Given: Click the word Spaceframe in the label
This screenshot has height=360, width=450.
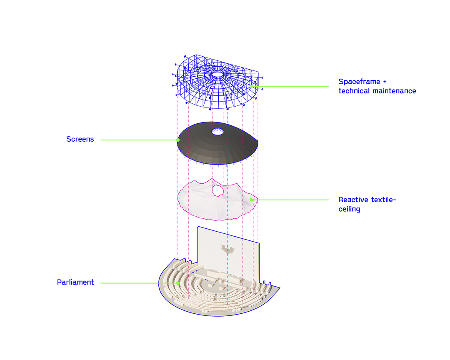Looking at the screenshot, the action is tap(359, 82).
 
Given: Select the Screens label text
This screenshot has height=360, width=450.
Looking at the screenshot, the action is tap(80, 139).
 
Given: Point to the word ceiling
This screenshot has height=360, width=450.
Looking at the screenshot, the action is tap(349, 209).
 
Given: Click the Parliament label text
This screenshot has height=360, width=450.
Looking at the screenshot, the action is tap(75, 282).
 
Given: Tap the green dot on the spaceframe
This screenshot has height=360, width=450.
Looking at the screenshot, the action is tap(251, 86).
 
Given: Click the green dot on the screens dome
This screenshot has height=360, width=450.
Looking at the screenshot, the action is tap(178, 140).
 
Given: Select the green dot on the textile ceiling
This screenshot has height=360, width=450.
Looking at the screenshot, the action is tap(251, 200).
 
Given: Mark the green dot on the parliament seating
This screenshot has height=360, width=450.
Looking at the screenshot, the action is tap(178, 283).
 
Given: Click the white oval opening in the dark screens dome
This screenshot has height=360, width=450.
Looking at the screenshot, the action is tap(218, 132).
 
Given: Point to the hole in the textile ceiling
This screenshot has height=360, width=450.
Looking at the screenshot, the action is tap(217, 190).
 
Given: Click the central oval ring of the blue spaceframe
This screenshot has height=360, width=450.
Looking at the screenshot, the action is tap(218, 75).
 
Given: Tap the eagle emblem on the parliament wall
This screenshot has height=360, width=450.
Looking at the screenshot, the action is tap(227, 249).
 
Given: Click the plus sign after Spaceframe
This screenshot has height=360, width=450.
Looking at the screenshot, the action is tap(385, 82).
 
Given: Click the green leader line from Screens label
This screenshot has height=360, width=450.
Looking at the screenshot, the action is tap(139, 140).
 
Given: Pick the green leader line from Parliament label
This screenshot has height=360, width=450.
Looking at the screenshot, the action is tap(139, 283).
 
